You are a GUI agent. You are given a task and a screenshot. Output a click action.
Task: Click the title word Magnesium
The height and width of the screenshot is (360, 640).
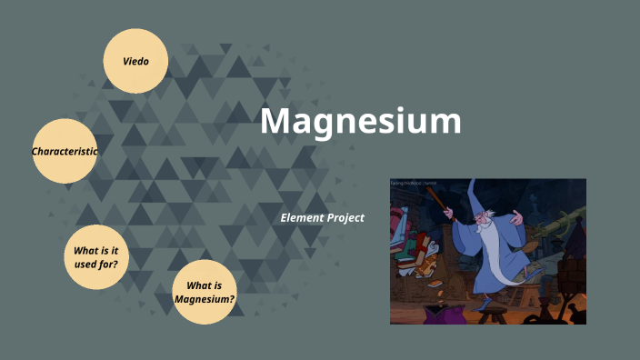coord(361,121)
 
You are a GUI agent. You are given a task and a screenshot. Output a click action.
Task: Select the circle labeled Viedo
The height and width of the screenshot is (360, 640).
coord(135,61)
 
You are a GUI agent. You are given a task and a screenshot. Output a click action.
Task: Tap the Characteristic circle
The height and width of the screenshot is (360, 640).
coord(65,151)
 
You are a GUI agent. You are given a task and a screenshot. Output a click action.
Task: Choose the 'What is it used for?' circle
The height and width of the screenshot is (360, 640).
coord(96,256)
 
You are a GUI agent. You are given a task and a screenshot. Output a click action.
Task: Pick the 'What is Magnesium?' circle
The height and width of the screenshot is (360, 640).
coord(205,292)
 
